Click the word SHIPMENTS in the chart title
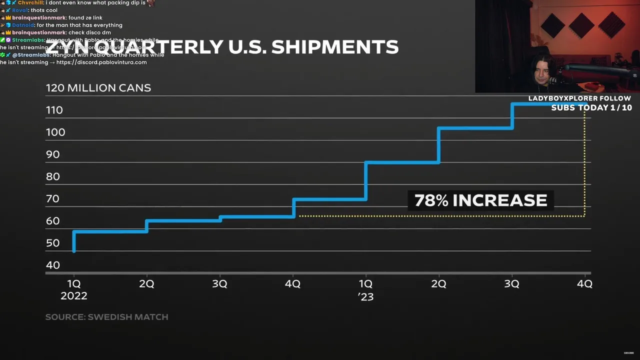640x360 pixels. point(335,46)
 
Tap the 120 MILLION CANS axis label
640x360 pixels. point(98,88)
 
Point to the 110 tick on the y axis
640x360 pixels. point(54,110)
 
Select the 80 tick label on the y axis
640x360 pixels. point(52,176)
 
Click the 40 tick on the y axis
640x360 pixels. point(52,265)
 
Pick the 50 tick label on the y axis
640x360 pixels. point(52,243)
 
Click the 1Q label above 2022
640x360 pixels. point(74,284)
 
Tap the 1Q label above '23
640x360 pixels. point(366,284)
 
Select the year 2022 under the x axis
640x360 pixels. point(74,296)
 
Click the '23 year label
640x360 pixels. point(366,296)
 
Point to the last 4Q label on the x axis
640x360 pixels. point(584,284)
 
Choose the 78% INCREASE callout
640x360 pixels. point(480,200)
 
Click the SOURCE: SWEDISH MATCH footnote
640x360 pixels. point(106,317)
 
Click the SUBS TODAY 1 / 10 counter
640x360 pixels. point(591,107)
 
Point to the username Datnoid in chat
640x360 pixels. point(23,25)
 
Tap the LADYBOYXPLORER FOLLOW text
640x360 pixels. point(579,98)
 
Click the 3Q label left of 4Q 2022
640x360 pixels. point(219,284)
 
